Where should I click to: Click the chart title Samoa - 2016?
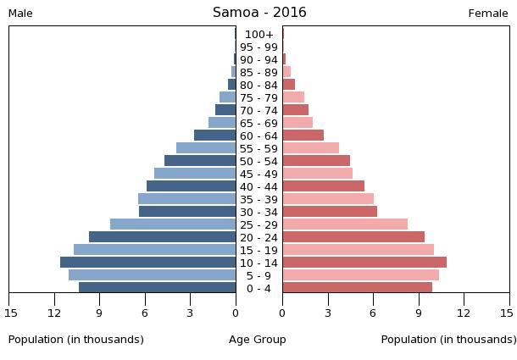[x=259, y=13]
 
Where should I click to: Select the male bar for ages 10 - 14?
[x=147, y=263]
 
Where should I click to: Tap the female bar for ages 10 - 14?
[x=364, y=263]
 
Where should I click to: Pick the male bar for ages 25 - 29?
[x=173, y=224]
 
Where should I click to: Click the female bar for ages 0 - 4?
[x=357, y=288]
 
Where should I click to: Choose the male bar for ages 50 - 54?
[x=200, y=161]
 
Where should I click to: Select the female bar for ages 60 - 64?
[x=303, y=136]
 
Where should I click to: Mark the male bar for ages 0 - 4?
[x=157, y=288]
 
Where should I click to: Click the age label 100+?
[x=258, y=35]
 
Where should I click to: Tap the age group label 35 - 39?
[x=258, y=200]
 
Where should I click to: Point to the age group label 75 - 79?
[x=258, y=98]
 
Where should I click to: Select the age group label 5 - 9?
[x=258, y=276]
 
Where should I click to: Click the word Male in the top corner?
[x=20, y=14]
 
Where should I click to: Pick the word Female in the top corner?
[x=488, y=14]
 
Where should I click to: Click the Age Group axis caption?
[x=258, y=340]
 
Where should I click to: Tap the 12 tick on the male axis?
[x=55, y=313]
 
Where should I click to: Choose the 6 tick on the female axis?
[x=373, y=313]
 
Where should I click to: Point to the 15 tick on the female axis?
[x=506, y=313]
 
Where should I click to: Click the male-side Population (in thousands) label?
[x=76, y=340]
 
